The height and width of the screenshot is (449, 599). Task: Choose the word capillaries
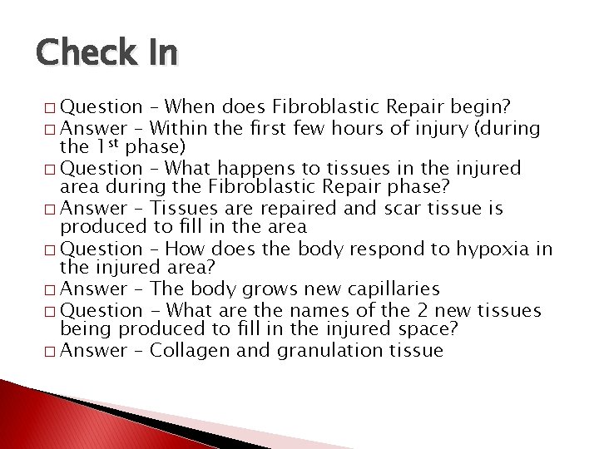pyautogui.click(x=387, y=289)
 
